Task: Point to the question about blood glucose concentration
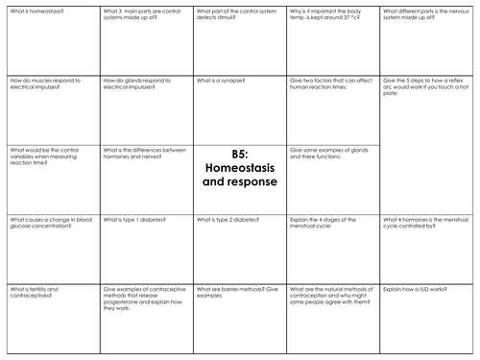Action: click(x=48, y=223)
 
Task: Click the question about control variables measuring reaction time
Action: click(x=48, y=156)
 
